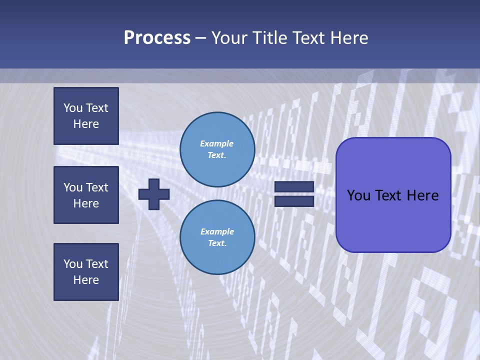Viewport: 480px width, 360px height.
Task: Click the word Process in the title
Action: (157, 38)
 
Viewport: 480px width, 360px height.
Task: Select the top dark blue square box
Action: (86, 116)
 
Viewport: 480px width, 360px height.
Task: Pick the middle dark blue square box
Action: (86, 195)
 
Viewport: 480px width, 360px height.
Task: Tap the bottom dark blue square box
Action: (86, 272)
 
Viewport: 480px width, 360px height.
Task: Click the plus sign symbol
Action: (153, 194)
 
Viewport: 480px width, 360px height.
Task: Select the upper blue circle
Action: (217, 149)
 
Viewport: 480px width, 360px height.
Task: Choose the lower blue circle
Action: (217, 237)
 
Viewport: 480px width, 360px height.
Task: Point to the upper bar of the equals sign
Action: (294, 186)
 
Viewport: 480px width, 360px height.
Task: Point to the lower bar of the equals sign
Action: (294, 201)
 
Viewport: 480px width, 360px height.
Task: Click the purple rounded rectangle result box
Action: (393, 195)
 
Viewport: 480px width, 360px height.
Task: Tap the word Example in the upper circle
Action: (216, 143)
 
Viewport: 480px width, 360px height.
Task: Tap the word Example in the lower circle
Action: (217, 231)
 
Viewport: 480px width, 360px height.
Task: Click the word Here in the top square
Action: (86, 124)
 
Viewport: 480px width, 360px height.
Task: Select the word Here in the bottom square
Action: (86, 280)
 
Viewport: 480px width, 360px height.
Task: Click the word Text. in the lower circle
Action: (217, 243)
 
